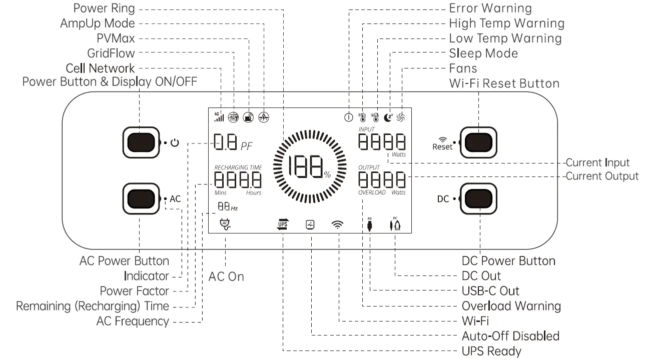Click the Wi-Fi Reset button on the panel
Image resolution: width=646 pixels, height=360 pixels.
(478, 142)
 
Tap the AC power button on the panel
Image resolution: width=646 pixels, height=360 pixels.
(141, 199)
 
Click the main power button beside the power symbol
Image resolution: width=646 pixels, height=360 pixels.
(141, 142)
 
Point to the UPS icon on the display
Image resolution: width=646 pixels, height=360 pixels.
(283, 224)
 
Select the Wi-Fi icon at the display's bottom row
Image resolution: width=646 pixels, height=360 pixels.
(337, 224)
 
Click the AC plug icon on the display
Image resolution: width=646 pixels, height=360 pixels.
(225, 224)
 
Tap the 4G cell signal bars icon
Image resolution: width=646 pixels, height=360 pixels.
(219, 116)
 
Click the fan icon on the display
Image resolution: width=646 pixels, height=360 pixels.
(401, 117)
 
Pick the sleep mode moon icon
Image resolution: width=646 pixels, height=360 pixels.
(388, 117)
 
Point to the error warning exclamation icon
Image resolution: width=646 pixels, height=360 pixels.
(349, 117)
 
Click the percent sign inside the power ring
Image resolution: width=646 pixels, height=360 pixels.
(327, 174)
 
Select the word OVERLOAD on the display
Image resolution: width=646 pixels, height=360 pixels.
(372, 192)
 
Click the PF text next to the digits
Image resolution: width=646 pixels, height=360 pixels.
(247, 146)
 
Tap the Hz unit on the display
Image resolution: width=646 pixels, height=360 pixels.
(234, 208)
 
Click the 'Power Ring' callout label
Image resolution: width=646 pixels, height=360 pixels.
(104, 8)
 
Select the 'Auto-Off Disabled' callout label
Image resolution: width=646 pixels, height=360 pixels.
(511, 336)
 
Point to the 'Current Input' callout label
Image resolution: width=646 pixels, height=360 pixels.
(597, 162)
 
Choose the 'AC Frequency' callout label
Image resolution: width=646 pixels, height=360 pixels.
(133, 321)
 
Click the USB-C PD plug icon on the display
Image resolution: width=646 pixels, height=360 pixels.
(370, 224)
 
